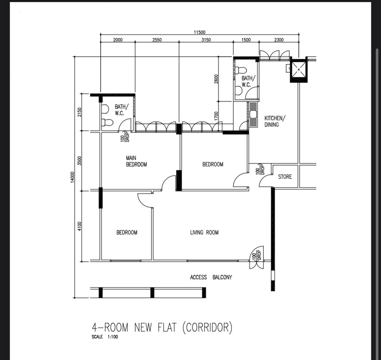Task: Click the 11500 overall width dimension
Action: point(200,32)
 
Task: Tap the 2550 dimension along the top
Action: point(157,40)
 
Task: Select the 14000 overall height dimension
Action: point(72,177)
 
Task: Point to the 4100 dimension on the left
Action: point(80,226)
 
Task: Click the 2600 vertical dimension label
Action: point(216,79)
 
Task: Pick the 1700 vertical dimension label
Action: point(216,116)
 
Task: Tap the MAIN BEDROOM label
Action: point(136,161)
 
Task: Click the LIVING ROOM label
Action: point(204,232)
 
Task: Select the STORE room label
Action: point(285,177)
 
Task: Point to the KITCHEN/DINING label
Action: point(275,121)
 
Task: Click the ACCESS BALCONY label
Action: point(211,277)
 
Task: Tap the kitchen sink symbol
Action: point(253,114)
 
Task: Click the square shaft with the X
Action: point(299,70)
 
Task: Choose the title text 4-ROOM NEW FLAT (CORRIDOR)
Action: point(162,327)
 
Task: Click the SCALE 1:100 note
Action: point(105,337)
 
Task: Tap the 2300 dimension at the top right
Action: point(279,40)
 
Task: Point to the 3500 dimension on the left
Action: point(80,161)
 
